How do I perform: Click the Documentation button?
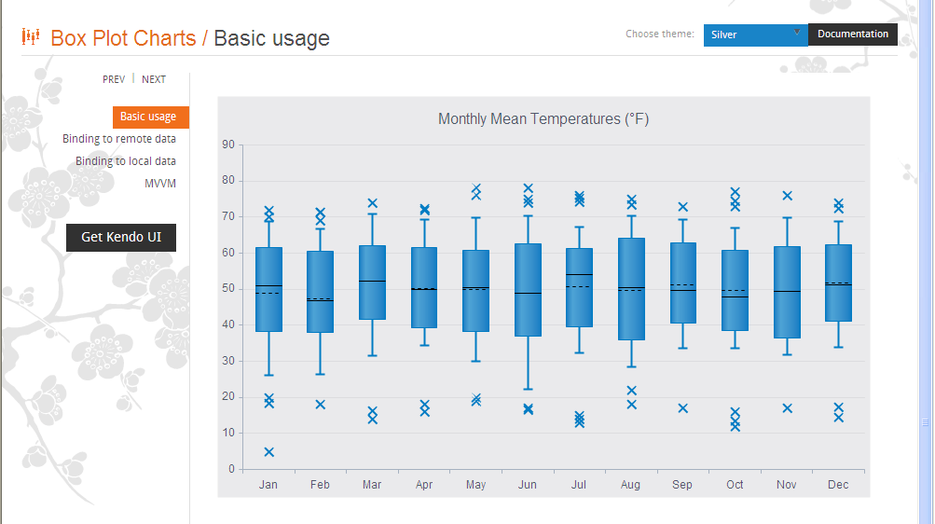[853, 34]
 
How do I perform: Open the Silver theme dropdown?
[755, 34]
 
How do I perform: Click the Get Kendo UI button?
[121, 237]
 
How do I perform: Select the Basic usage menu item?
[148, 117]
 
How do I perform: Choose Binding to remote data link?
[119, 139]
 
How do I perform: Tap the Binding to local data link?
[126, 161]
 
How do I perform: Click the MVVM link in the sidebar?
[160, 184]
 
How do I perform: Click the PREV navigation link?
[114, 79]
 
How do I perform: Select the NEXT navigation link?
[154, 79]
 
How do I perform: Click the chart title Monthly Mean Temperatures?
[543, 118]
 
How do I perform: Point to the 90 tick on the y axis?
[227, 145]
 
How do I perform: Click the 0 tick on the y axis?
[230, 469]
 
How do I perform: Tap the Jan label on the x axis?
[268, 485]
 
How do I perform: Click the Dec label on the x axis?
[838, 485]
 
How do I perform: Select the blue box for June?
[528, 290]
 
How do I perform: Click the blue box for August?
[631, 289]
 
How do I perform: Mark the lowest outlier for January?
[268, 452]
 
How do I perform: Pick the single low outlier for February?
[320, 405]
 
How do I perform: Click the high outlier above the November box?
[787, 196]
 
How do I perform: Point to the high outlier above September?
[682, 207]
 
